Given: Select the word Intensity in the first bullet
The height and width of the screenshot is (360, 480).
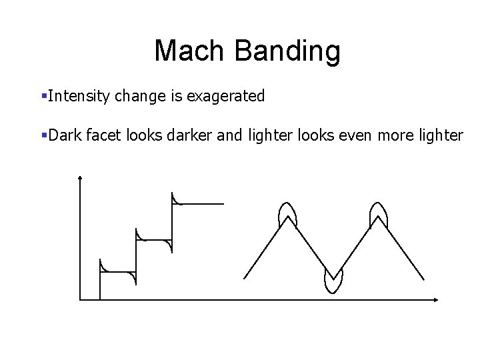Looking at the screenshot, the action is [80, 97].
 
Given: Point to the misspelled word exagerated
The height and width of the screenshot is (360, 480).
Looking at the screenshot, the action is [225, 97].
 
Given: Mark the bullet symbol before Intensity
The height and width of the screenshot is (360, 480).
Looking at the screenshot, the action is [43, 97].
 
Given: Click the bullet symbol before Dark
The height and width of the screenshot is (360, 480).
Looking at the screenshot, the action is [43, 135].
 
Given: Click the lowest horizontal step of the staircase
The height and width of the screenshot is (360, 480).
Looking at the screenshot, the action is [118, 272].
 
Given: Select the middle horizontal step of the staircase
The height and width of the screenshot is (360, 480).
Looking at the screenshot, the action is [154, 239].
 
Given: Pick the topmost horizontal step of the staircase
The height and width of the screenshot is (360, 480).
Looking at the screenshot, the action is [198, 204].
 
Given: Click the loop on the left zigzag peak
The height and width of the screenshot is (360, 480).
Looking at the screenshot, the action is [287, 213].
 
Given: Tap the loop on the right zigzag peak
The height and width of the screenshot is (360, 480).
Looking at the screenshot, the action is [379, 213].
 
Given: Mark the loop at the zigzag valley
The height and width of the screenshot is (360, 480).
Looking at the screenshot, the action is [333, 281].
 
